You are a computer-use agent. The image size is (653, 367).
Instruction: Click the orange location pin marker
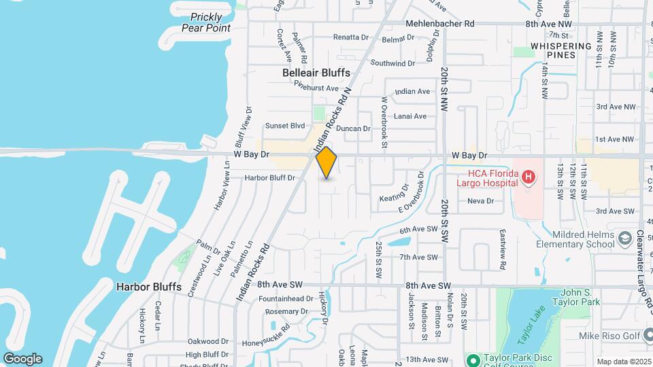point(326,162)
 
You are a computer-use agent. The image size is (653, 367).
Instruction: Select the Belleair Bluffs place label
point(316,73)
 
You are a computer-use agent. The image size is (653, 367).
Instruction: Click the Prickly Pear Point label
point(206,22)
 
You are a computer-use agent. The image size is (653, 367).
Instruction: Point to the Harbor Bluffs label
point(149,287)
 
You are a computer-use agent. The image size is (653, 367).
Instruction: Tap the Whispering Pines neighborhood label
point(561,50)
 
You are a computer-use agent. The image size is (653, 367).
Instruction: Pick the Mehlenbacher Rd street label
point(439,24)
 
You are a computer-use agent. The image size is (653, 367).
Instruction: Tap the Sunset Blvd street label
point(285,126)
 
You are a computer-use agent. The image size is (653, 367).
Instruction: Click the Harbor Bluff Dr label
point(271,178)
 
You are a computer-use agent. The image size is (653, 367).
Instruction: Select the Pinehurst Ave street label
point(316,88)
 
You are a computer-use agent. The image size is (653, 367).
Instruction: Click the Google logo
point(22,358)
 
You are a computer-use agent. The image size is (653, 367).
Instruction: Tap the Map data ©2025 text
point(623,362)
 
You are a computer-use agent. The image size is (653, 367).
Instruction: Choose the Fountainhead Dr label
point(286,298)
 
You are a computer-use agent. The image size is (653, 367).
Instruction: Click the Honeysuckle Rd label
point(267,329)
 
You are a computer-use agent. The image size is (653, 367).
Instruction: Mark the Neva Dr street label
point(480,200)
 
